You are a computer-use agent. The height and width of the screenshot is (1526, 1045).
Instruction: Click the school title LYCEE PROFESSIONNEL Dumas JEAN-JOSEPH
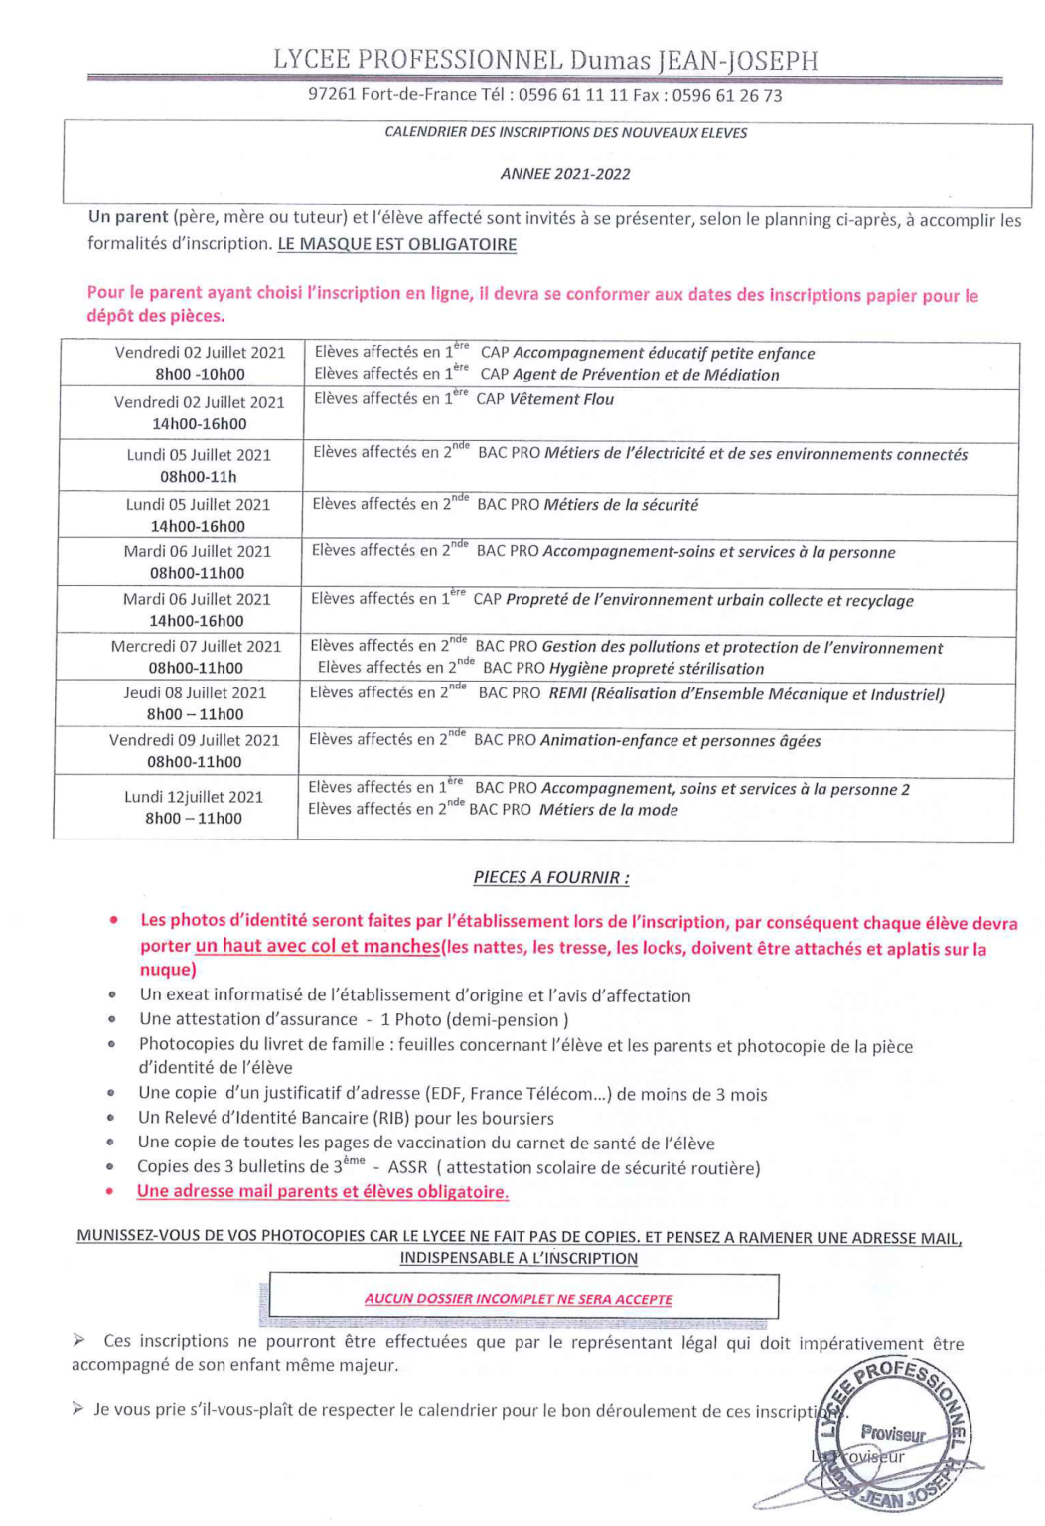click(545, 60)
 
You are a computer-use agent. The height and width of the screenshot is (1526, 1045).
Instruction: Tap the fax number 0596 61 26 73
click(726, 96)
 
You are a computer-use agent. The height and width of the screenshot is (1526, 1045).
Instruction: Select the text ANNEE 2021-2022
click(565, 174)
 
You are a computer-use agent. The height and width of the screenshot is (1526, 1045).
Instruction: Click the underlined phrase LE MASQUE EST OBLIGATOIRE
click(396, 244)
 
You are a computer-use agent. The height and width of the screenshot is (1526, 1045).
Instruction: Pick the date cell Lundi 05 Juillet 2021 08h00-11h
click(199, 466)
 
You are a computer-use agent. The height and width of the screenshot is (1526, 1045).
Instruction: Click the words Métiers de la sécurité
click(621, 505)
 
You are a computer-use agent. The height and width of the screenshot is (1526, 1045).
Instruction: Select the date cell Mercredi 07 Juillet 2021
click(196, 657)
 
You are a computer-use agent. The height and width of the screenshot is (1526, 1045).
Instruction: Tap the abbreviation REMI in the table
click(567, 694)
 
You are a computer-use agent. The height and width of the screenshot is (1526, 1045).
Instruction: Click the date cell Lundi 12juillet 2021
click(194, 807)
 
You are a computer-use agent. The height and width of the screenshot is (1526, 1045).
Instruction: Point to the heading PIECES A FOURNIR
click(550, 878)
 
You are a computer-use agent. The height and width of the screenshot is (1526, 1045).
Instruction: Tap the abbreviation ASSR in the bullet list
click(407, 1168)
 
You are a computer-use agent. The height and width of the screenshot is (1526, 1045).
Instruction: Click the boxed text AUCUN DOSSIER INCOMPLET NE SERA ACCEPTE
click(519, 1299)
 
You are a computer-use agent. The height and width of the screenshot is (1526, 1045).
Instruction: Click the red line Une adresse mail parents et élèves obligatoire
click(323, 1192)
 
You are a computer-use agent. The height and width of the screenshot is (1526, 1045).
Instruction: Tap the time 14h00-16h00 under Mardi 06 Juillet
click(197, 621)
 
